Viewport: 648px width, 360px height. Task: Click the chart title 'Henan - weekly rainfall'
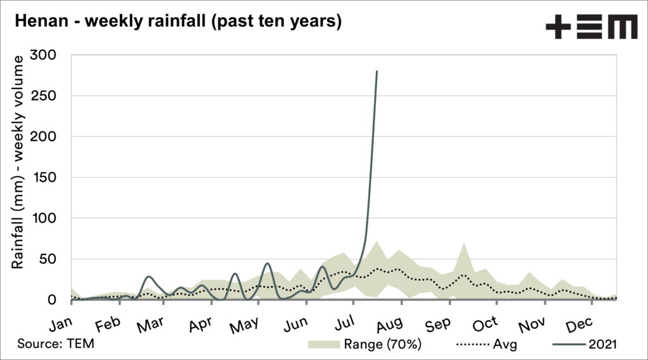pos(178,21)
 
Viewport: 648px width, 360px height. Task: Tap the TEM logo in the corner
pos(592,28)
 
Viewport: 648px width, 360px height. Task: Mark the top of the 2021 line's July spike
pos(377,71)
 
